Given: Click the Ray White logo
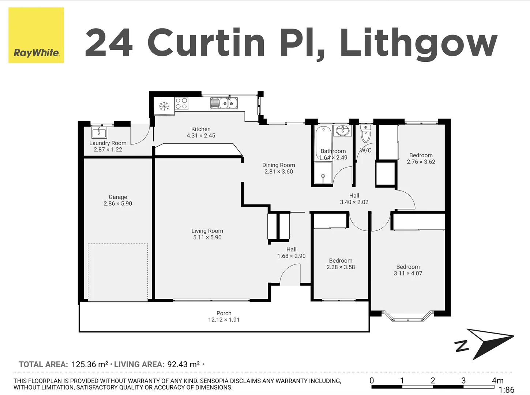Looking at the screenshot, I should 36,35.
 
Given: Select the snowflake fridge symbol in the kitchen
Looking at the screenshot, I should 164,106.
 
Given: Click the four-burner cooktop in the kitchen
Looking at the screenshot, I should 181,104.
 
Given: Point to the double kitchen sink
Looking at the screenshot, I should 224,104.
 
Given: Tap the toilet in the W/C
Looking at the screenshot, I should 365,134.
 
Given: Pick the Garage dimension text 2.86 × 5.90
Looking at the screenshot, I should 118,204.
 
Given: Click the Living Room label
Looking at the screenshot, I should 207,231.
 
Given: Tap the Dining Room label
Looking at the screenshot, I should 278,165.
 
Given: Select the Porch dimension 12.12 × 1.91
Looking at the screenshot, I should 224,320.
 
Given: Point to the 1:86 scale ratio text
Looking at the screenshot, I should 506,390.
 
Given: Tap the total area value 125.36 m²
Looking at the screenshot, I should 90,364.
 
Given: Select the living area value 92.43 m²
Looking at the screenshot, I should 184,364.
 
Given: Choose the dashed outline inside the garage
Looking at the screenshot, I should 118,272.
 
